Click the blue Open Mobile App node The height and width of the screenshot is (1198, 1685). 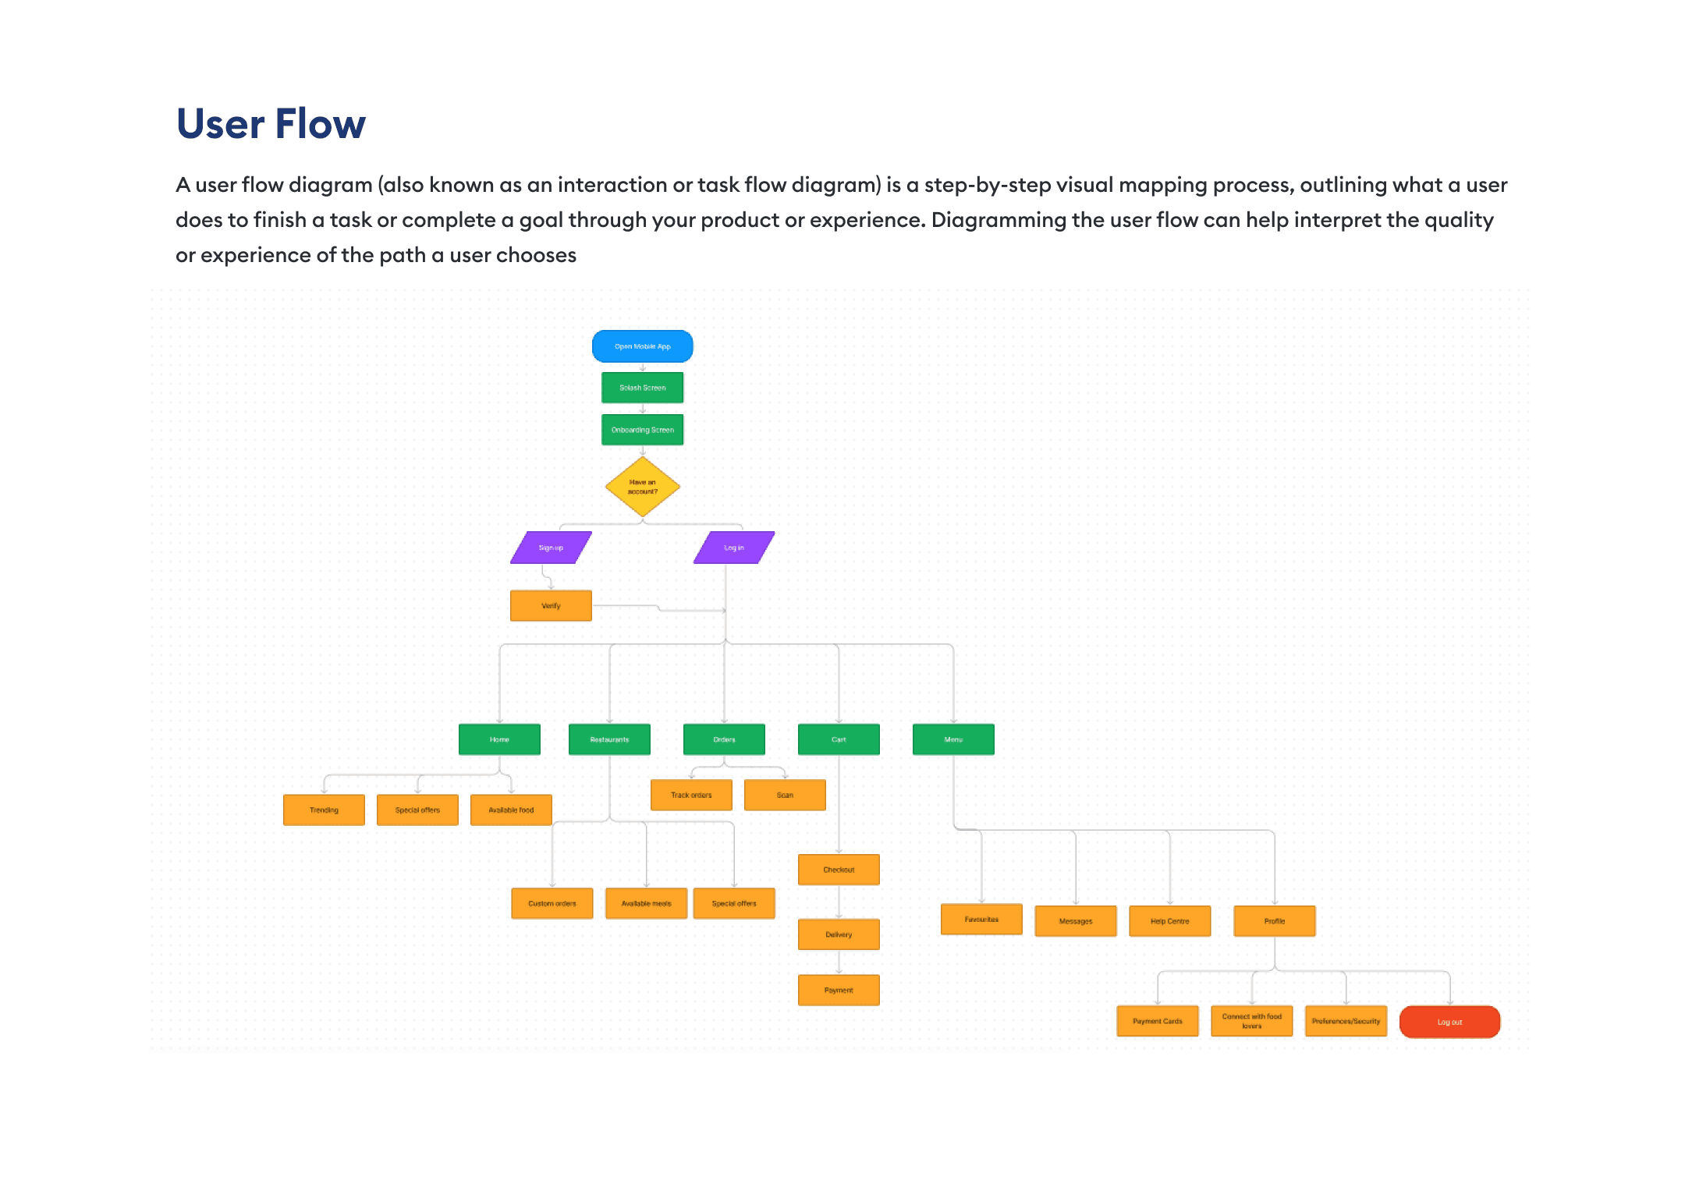click(642, 346)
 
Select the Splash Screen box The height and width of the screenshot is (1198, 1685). click(642, 388)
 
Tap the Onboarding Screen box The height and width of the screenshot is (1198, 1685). click(642, 430)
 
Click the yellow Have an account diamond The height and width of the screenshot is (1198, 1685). click(642, 487)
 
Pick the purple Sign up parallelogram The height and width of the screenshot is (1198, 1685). click(551, 548)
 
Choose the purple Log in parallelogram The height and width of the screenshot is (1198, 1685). click(733, 548)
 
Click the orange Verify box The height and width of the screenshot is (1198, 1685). click(551, 606)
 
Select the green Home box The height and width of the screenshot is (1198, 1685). click(499, 739)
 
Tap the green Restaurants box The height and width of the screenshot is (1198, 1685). click(609, 739)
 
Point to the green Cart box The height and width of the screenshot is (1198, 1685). click(839, 739)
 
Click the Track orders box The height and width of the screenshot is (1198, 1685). click(691, 796)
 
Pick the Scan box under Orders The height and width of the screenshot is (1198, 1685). click(785, 796)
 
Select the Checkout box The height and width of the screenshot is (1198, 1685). click(839, 870)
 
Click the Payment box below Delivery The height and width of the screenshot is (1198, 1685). click(839, 991)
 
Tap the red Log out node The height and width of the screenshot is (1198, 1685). click(1449, 1022)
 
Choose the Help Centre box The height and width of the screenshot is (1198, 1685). click(1169, 921)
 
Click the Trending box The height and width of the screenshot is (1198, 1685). click(324, 810)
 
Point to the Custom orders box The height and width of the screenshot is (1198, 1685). click(552, 904)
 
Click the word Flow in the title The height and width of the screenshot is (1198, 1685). click(320, 124)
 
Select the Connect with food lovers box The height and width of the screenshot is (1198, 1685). click(1251, 1021)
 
